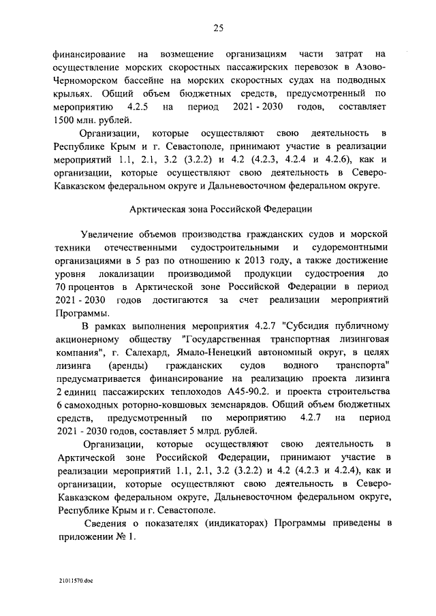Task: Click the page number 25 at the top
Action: (218, 28)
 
